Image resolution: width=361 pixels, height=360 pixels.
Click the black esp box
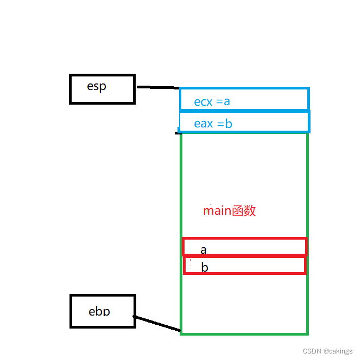(102, 89)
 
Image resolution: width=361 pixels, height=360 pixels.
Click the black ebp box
(103, 311)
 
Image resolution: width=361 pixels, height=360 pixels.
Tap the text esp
(97, 87)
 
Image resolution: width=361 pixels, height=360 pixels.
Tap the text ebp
(99, 311)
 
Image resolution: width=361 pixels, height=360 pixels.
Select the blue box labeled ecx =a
(244, 99)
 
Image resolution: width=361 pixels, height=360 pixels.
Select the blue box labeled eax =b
(244, 122)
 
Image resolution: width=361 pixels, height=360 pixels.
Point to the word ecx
(203, 102)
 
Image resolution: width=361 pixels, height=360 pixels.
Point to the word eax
(204, 124)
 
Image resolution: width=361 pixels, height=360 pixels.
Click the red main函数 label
(229, 211)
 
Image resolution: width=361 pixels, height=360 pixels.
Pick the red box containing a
(245, 247)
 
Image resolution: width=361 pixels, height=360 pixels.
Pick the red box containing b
(245, 266)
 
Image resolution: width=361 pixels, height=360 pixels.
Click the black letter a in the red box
(204, 250)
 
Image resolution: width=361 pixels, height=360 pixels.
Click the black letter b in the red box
(205, 267)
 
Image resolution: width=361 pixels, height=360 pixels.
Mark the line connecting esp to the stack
(157, 87)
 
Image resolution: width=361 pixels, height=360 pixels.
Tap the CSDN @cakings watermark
(328, 351)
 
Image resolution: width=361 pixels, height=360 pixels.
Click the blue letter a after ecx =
(227, 102)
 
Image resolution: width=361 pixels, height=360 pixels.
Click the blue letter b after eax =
(229, 124)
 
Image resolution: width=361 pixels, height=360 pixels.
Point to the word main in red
(217, 211)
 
